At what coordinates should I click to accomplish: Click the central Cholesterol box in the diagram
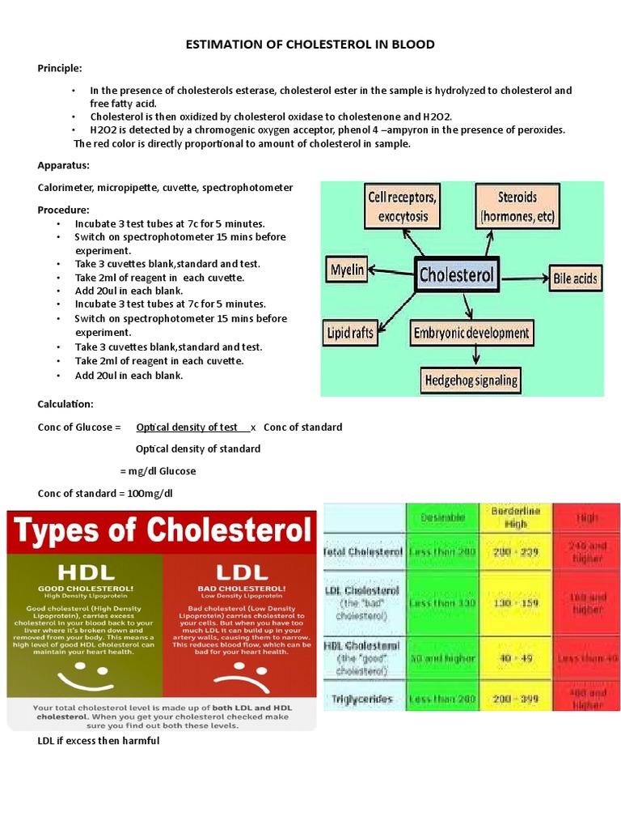tap(457, 274)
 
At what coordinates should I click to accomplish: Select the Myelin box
tap(347, 269)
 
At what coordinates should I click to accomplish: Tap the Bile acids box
tap(575, 279)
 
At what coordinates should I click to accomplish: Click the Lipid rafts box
tap(350, 333)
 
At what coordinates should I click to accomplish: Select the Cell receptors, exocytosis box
tap(403, 206)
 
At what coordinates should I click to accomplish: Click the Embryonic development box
tap(471, 333)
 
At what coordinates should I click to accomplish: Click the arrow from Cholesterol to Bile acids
tap(524, 277)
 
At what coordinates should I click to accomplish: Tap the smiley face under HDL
tap(82, 670)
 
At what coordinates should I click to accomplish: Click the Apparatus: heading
tap(63, 165)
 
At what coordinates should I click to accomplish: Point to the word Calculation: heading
tap(65, 404)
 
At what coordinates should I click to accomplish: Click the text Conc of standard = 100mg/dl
tap(105, 493)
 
